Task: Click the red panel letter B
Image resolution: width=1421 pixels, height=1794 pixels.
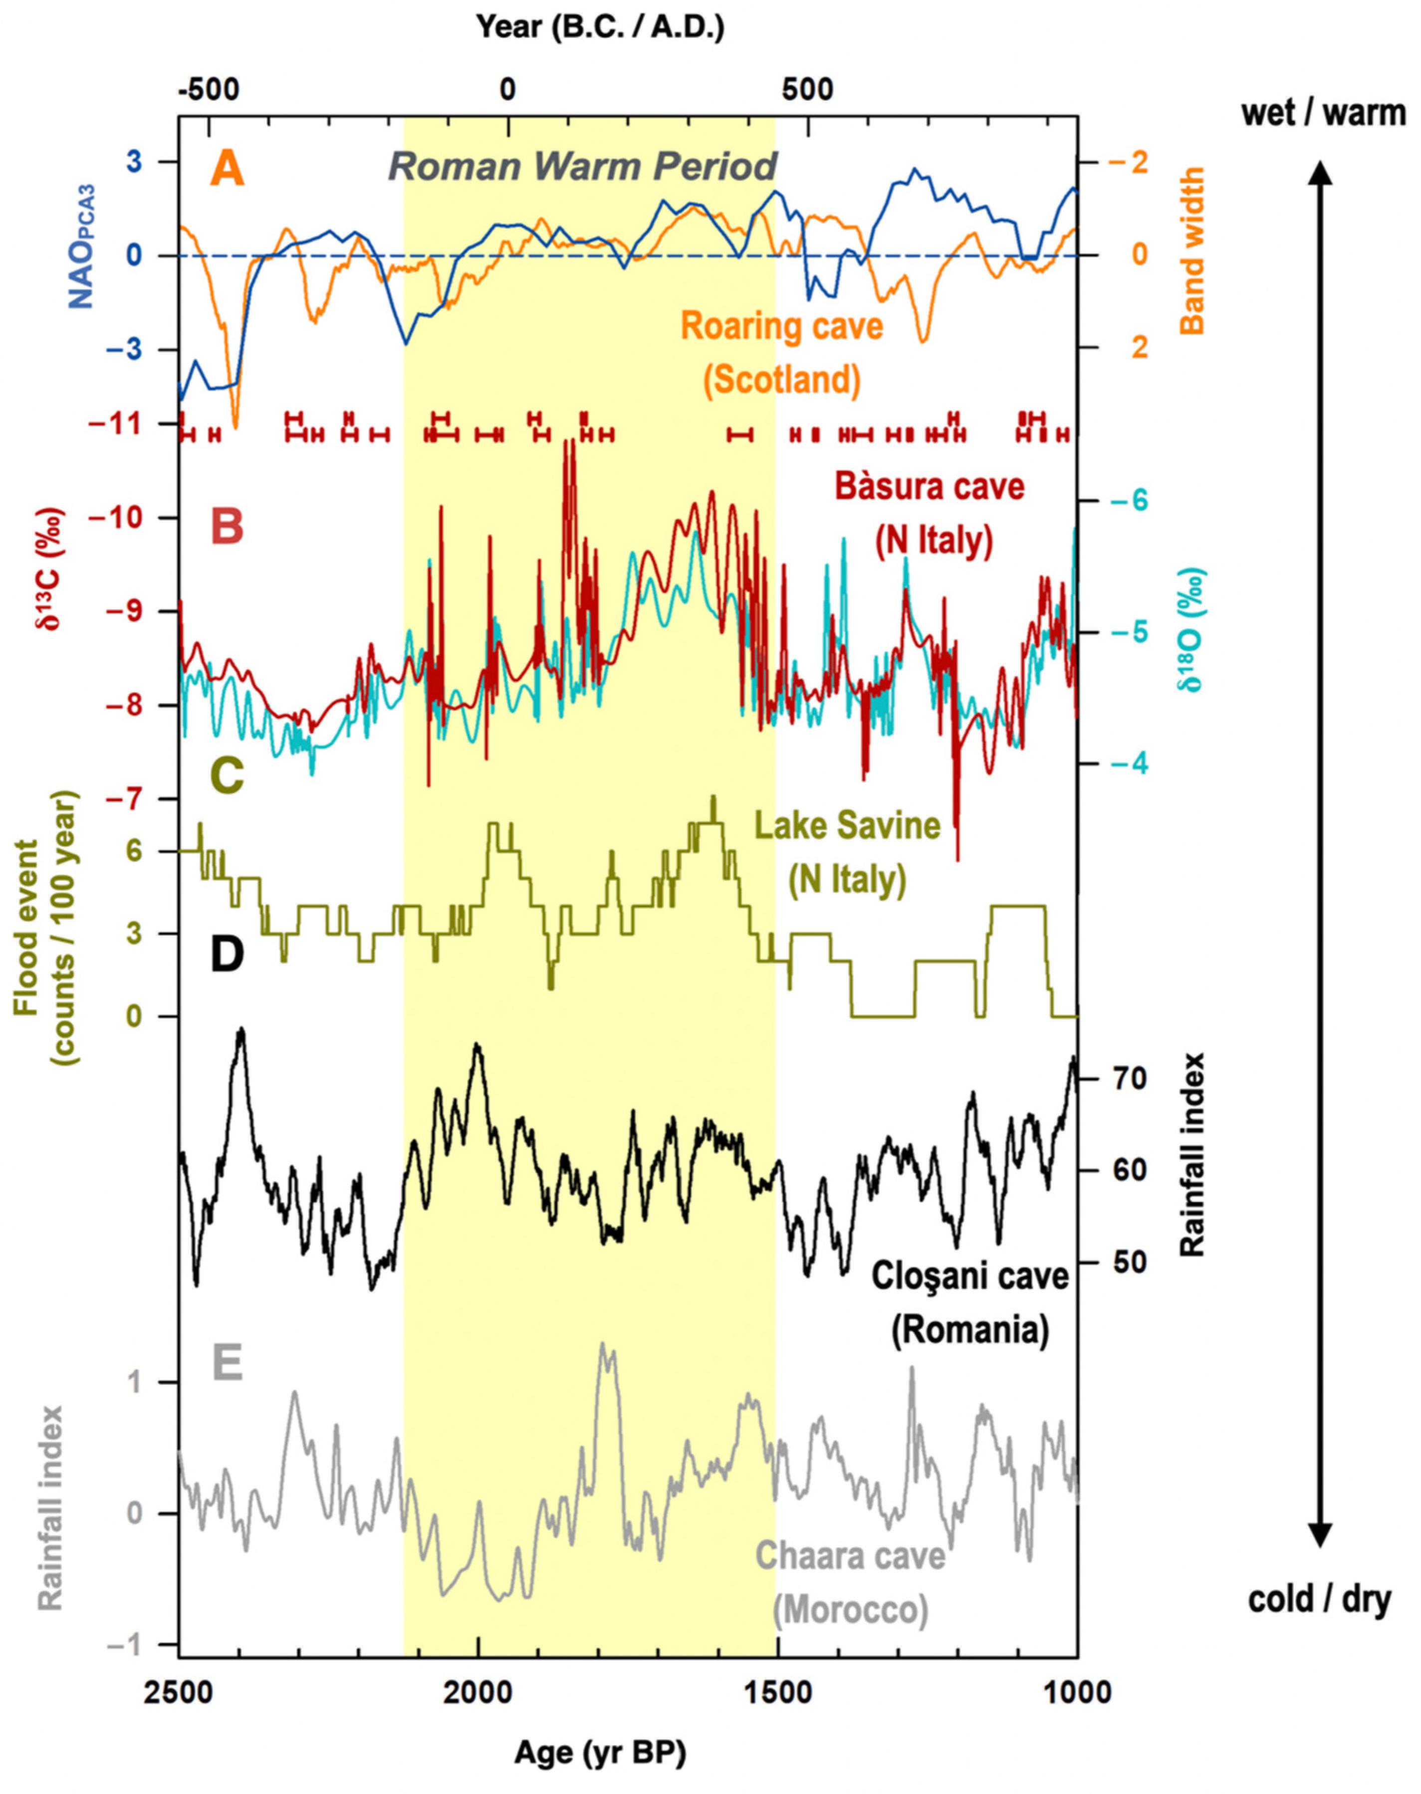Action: [x=227, y=526]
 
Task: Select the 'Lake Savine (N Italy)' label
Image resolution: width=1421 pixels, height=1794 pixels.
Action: [x=847, y=854]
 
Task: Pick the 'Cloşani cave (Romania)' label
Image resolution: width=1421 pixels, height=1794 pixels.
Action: [x=969, y=1303]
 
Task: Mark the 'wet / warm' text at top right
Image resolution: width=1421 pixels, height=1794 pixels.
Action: [x=1323, y=113]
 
